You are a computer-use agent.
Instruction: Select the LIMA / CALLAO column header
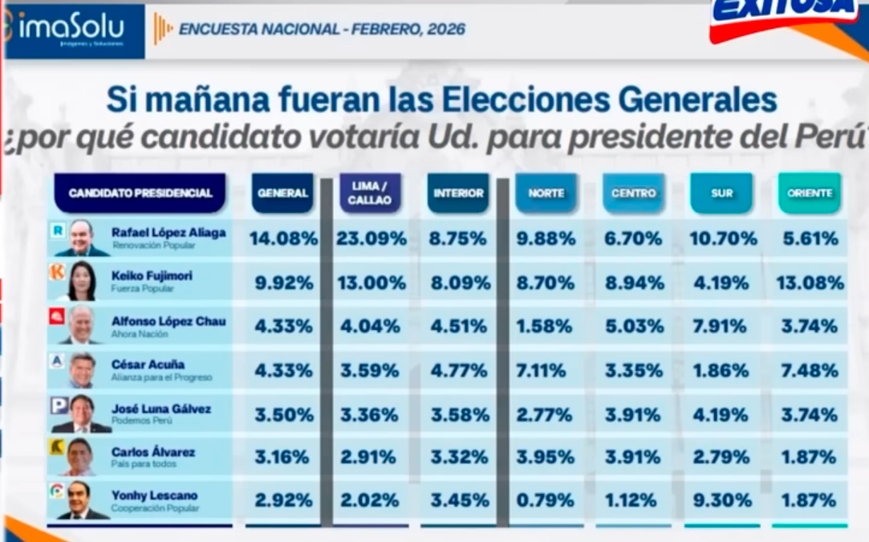(370, 193)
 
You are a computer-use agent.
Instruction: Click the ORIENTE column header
(810, 194)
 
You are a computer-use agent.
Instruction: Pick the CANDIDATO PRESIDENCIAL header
(140, 194)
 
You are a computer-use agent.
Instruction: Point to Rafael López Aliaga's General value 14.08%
(283, 238)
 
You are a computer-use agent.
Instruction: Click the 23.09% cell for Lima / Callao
(370, 238)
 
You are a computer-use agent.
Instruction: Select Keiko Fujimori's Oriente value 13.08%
(810, 283)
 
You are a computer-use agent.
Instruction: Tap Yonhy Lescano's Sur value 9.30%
(721, 500)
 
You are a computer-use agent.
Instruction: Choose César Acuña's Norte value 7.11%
(546, 371)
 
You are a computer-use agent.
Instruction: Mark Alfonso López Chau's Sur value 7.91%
(721, 327)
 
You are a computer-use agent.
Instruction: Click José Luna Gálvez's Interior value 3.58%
(458, 415)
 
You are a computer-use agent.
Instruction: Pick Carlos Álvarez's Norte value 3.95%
(546, 457)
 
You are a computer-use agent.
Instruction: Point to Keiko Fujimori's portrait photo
(83, 281)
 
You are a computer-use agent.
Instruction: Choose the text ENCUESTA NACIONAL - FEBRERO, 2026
(322, 30)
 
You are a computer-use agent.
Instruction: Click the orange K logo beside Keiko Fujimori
(57, 272)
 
